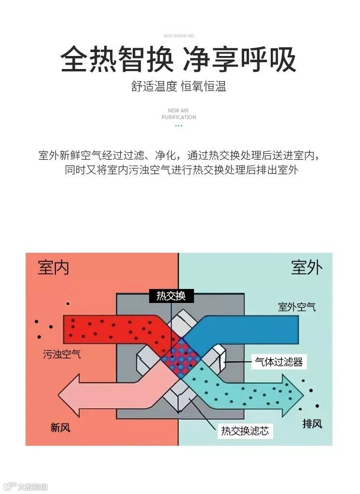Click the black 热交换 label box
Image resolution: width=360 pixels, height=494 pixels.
171,296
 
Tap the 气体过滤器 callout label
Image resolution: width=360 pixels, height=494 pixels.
279,362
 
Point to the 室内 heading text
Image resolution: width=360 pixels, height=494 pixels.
54,268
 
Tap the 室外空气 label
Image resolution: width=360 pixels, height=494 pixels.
297,307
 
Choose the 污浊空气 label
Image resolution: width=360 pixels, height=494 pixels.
62,355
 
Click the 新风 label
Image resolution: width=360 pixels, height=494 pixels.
60,427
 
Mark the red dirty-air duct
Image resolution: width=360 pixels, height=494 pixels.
111,328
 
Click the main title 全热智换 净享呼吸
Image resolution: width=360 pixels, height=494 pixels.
179,60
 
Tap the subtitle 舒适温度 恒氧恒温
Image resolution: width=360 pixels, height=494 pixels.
179,87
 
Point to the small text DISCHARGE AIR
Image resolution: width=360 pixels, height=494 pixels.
179,36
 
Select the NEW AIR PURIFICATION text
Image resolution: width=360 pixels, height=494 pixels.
179,114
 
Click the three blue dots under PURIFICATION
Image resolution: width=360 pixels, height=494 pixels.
179,126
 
